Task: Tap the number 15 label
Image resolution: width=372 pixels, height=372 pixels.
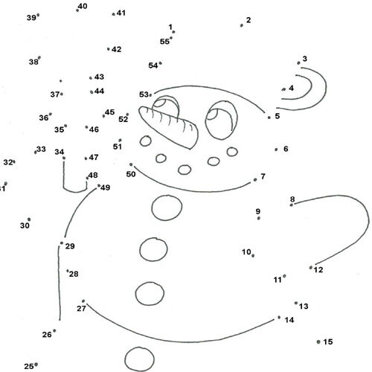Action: coord(328,341)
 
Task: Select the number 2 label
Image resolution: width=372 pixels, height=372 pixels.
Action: coord(248,20)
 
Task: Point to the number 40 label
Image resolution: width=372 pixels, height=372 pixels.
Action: coord(83,6)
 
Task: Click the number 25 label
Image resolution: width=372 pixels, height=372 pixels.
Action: coord(29,366)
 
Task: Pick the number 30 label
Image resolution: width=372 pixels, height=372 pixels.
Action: coord(25,225)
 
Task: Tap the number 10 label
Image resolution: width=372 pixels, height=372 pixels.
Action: coord(246,252)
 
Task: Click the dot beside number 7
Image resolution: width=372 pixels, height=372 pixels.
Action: coord(255,180)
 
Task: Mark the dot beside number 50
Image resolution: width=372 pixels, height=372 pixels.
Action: coord(131,164)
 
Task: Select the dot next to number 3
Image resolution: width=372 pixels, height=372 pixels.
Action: coord(298,63)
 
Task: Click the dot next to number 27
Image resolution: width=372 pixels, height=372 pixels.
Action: coord(83,301)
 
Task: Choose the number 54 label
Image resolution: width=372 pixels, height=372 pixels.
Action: coord(153,65)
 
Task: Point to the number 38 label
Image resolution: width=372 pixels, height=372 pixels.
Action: coord(33,62)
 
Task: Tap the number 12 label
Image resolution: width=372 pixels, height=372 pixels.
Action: coord(318,270)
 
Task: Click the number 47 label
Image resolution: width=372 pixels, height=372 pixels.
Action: coord(94,157)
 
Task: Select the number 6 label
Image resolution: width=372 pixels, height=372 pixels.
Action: coord(286,149)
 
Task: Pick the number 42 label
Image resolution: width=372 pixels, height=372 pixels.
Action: coord(116,49)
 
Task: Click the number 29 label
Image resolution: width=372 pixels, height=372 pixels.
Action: coord(70,246)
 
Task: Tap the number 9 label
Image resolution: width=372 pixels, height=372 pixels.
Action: coord(258,211)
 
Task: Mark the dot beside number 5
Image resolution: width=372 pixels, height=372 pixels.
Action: coord(269,118)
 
